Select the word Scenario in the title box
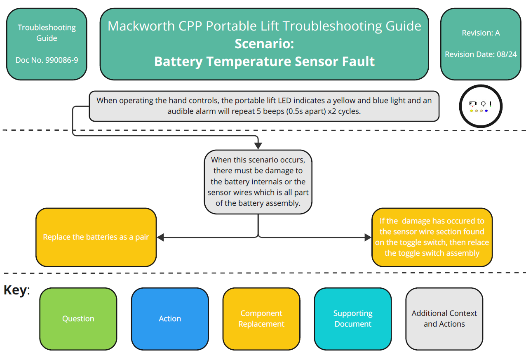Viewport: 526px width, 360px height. (x=264, y=44)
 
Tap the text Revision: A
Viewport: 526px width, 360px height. (x=481, y=33)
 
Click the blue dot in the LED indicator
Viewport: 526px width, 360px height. (x=486, y=111)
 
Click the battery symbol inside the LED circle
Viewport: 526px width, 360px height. (x=472, y=104)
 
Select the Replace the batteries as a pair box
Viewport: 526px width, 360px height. (x=96, y=237)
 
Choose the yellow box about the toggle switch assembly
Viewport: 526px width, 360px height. (x=432, y=237)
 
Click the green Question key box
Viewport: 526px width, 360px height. (x=78, y=318)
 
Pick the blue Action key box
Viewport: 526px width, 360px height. (x=170, y=318)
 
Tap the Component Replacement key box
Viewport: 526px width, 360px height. (x=261, y=318)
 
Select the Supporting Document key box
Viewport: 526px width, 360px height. (x=353, y=318)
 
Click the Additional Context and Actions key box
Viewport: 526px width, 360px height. (x=444, y=318)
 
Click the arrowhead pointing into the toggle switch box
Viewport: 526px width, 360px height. (x=368, y=237)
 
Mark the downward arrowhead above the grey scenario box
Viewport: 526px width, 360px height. (x=258, y=146)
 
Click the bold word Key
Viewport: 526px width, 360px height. (x=15, y=290)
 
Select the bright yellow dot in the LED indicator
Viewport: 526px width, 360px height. (x=472, y=111)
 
